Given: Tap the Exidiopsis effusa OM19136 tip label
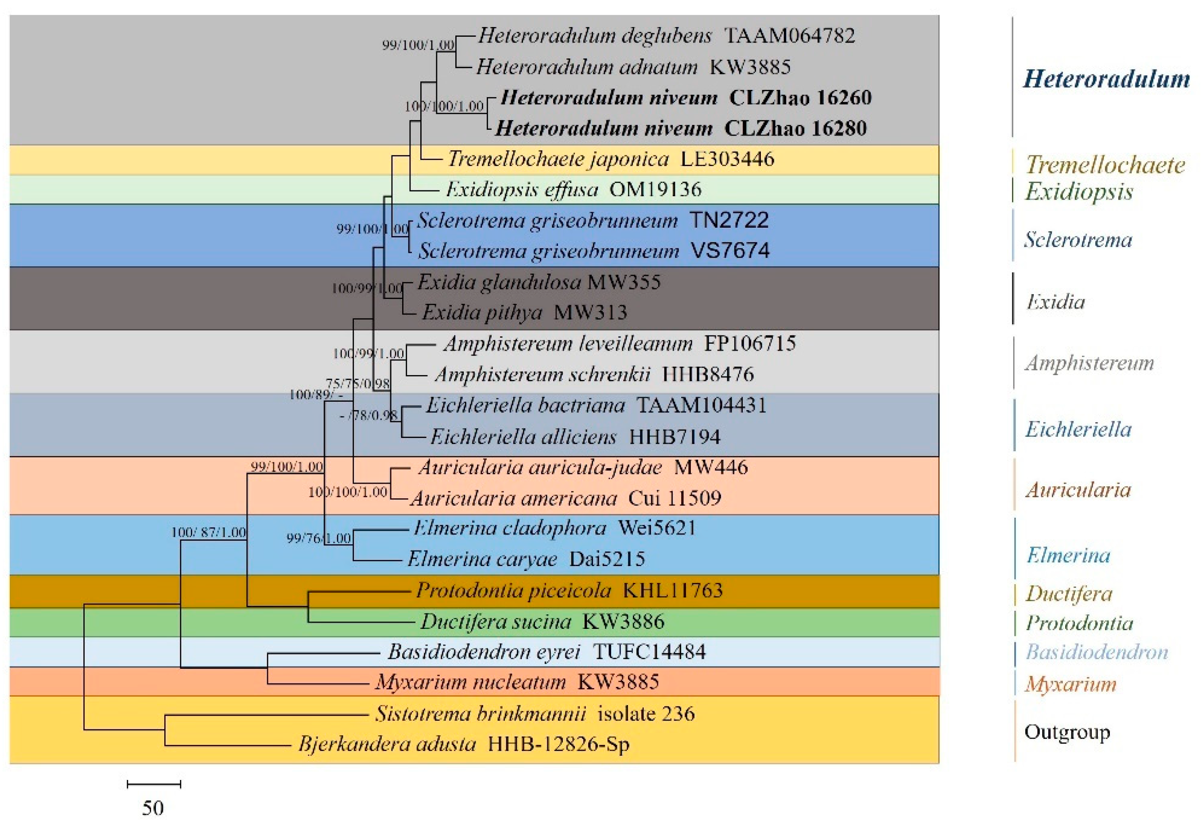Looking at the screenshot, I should tap(573, 190).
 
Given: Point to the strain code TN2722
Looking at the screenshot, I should tap(729, 221).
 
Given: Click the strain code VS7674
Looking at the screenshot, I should tap(730, 251).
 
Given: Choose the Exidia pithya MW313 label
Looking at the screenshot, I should tap(524, 313).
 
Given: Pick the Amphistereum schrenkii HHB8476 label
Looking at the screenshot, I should tap(594, 374).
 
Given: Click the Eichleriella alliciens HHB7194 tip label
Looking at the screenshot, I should tap(575, 437).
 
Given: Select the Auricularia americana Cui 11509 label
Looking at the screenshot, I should tap(566, 498).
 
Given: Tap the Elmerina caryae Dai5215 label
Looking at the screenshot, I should tap(526, 559).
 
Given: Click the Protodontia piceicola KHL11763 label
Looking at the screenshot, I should tap(569, 590).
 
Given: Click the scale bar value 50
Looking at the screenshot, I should tap(153, 808).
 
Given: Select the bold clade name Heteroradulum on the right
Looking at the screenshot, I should tap(1106, 79).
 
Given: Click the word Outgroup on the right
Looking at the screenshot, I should tap(1067, 732).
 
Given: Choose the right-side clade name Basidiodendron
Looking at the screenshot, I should tap(1097, 652).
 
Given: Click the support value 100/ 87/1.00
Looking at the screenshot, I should tap(209, 532).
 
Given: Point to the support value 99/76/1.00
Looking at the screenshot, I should tap(319, 538).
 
